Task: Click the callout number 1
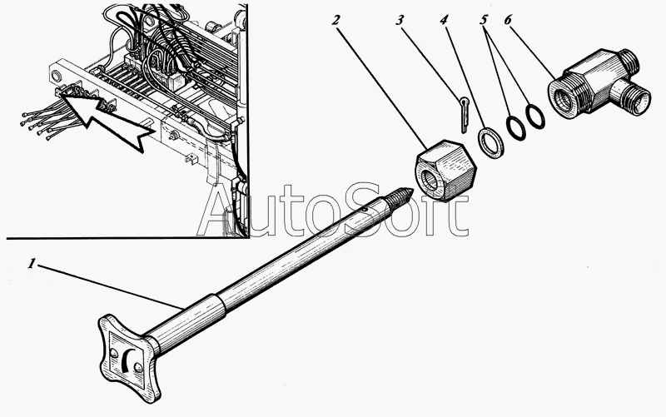pos(32,264)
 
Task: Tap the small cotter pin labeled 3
pos(462,111)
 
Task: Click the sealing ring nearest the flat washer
pos(515,126)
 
